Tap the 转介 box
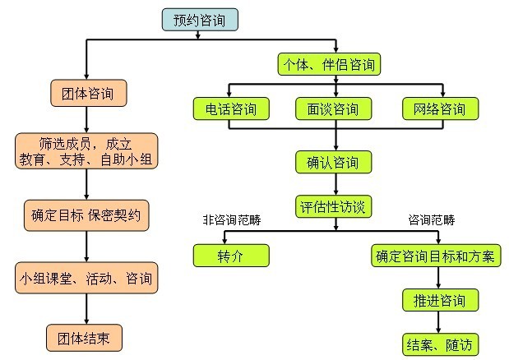coord(231,256)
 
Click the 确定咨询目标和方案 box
coord(433,256)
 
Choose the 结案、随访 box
coord(433,343)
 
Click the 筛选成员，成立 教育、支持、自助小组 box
coord(86,151)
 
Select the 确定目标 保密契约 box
coord(86,217)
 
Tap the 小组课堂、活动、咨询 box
coord(86,278)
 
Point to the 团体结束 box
coord(86,337)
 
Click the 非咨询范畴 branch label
coord(230,220)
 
